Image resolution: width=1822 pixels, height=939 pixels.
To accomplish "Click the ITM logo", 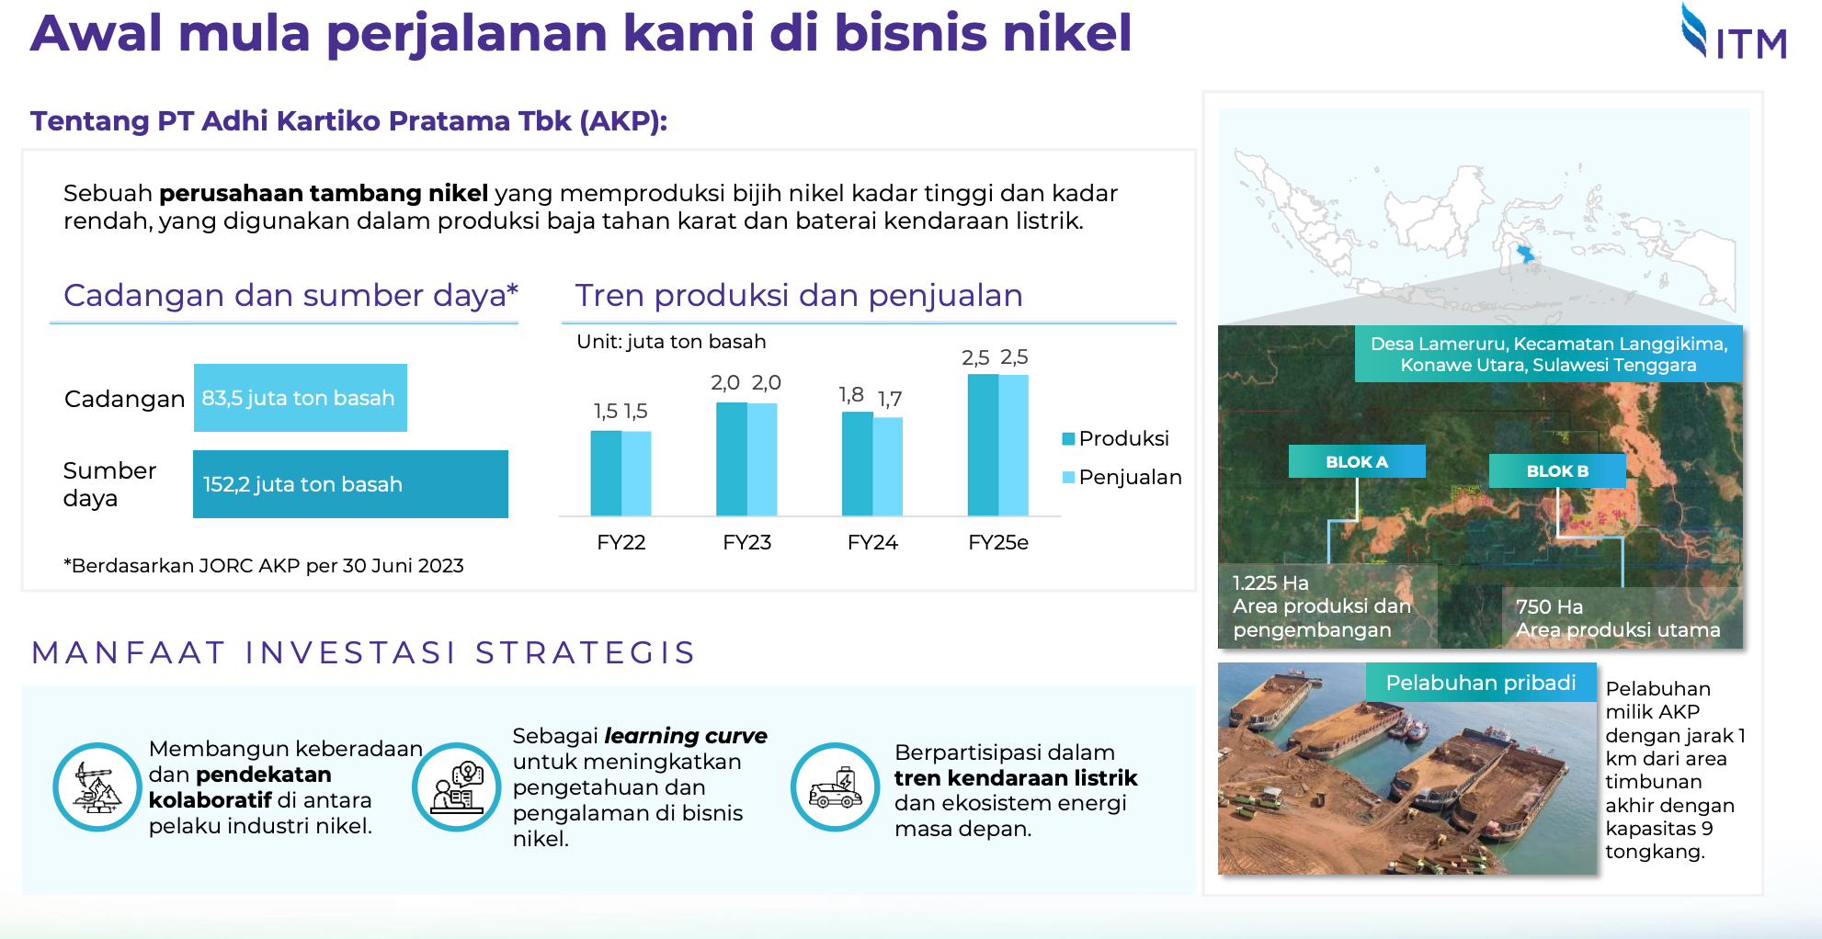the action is pyautogui.click(x=1734, y=32).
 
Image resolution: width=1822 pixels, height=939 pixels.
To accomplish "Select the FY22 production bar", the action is pyautogui.click(x=606, y=473).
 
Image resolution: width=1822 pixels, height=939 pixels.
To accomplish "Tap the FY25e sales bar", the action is pyautogui.click(x=1013, y=446).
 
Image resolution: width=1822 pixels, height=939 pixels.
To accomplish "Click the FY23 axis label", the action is pyautogui.click(x=746, y=542).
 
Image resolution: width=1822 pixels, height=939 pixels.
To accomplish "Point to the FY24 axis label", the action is pyautogui.click(x=872, y=542).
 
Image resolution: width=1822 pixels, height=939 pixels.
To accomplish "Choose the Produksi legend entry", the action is pyautogui.click(x=1115, y=438).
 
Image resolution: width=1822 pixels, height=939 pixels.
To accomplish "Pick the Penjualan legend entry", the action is pyautogui.click(x=1122, y=477).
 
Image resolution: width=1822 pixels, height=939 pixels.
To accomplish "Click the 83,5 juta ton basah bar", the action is pyautogui.click(x=301, y=398).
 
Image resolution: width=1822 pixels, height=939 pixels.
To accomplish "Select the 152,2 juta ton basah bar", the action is pyautogui.click(x=350, y=484).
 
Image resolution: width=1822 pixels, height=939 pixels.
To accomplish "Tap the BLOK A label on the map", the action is pyautogui.click(x=1357, y=461).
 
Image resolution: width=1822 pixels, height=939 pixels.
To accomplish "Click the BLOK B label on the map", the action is pyautogui.click(x=1557, y=470).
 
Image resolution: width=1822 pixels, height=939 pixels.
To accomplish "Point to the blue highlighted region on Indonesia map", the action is pyautogui.click(x=1525, y=253).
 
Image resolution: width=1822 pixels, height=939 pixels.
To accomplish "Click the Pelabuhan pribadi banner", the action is pyautogui.click(x=1481, y=683).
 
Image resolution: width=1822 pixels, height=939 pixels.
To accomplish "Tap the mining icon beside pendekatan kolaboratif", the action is pyautogui.click(x=97, y=787).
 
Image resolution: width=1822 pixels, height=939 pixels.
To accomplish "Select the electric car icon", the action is pyautogui.click(x=836, y=787).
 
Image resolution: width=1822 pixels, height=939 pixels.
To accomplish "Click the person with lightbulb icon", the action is pyautogui.click(x=457, y=787).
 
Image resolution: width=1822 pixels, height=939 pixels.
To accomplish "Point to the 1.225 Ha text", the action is pyautogui.click(x=1270, y=583).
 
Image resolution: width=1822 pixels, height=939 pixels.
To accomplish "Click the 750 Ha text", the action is pyautogui.click(x=1549, y=606).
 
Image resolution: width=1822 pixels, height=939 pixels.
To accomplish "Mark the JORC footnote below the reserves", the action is pyautogui.click(x=264, y=566).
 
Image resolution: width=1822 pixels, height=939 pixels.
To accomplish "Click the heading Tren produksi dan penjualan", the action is pyautogui.click(x=799, y=295).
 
